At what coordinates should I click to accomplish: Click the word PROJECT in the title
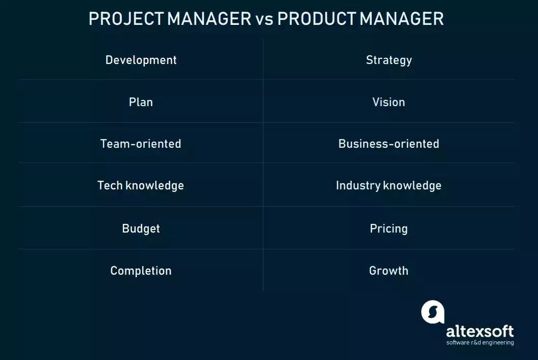pyautogui.click(x=126, y=19)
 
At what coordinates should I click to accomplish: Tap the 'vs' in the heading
pyautogui.click(x=264, y=19)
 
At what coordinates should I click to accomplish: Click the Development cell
pyautogui.click(x=141, y=60)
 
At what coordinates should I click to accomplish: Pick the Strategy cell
pyautogui.click(x=389, y=60)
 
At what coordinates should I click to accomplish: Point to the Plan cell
pyautogui.click(x=141, y=102)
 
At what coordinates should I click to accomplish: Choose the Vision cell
pyautogui.click(x=389, y=102)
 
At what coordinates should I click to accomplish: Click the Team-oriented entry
pyautogui.click(x=141, y=144)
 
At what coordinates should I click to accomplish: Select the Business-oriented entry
pyautogui.click(x=389, y=144)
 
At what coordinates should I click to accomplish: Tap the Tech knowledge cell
pyautogui.click(x=141, y=185)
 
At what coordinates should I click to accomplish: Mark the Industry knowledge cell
pyautogui.click(x=389, y=185)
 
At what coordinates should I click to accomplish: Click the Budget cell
pyautogui.click(x=141, y=228)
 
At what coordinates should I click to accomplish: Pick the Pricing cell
pyautogui.click(x=389, y=228)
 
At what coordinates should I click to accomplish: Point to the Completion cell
pyautogui.click(x=141, y=271)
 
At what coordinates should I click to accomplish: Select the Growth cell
pyautogui.click(x=389, y=271)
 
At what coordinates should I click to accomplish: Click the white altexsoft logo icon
pyautogui.click(x=432, y=312)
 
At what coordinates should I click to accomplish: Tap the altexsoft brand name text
pyautogui.click(x=480, y=332)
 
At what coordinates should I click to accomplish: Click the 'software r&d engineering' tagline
pyautogui.click(x=480, y=343)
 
